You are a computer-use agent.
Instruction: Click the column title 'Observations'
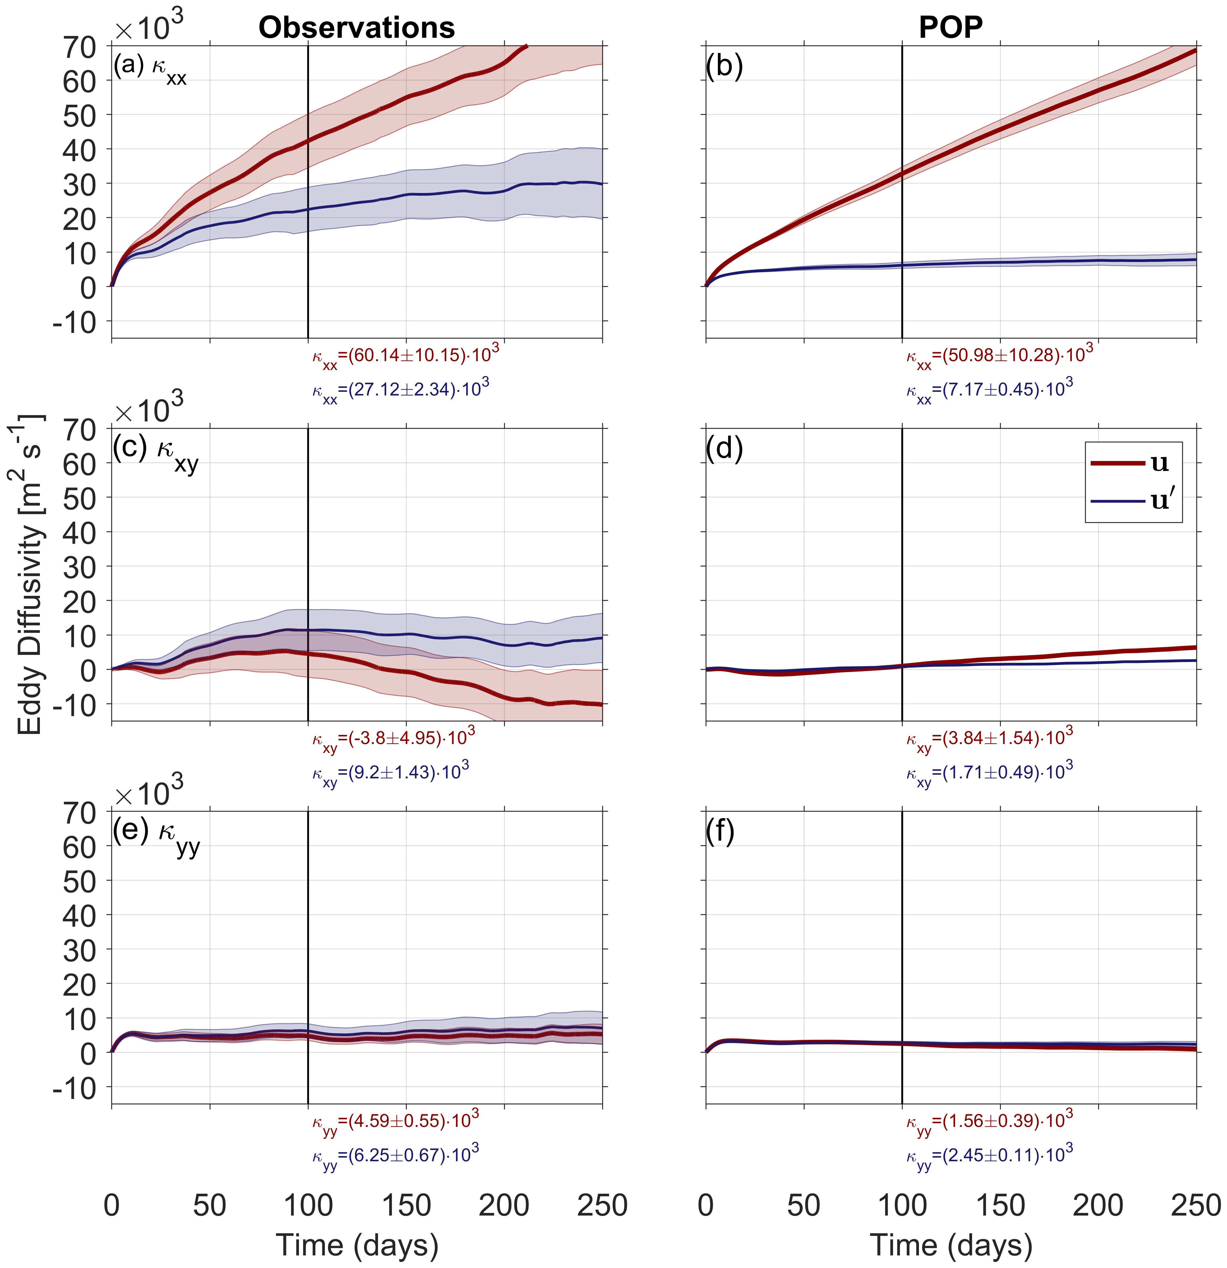357,28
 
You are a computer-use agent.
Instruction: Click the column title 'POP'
951,28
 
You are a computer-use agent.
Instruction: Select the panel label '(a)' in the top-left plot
129,66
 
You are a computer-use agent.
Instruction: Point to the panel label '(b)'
724,66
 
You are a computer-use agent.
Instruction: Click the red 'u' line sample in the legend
1118,463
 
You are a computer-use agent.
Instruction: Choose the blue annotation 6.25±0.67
395,1156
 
